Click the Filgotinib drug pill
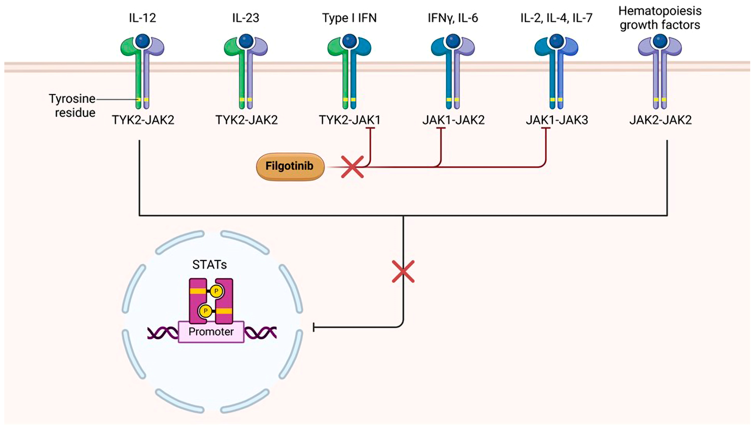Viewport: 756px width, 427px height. click(290, 166)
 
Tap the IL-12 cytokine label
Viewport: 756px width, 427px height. click(142, 18)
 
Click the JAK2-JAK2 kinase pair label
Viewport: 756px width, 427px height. click(661, 120)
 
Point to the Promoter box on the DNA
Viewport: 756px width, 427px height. click(211, 332)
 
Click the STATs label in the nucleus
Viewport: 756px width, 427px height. click(209, 265)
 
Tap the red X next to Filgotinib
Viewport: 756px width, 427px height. click(352, 167)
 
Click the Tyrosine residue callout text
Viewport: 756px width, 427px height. click(72, 106)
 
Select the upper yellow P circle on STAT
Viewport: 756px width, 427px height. click(216, 291)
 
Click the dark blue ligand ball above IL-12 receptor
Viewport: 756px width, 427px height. click(143, 40)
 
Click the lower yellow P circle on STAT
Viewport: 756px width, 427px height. click(205, 311)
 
